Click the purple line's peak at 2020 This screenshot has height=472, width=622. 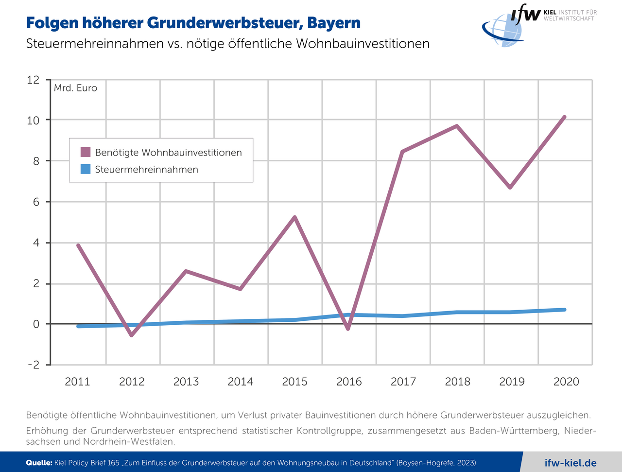[565, 117]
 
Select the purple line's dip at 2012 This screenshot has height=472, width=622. [132, 335]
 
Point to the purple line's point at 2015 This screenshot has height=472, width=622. [294, 217]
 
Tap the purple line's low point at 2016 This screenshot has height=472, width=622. [348, 329]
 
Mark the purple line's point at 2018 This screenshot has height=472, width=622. [457, 126]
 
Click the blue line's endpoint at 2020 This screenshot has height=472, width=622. [565, 310]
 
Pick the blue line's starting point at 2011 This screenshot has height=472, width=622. [78, 326]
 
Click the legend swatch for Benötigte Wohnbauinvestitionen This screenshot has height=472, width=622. [86, 152]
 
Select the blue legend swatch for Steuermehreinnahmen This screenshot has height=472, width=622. [86, 169]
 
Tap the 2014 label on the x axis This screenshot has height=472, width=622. [241, 382]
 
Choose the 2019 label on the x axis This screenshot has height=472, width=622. [512, 382]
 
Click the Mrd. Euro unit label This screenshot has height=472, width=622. [75, 88]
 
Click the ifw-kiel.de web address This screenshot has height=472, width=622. [570, 463]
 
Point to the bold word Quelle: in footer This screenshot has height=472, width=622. [39, 463]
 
